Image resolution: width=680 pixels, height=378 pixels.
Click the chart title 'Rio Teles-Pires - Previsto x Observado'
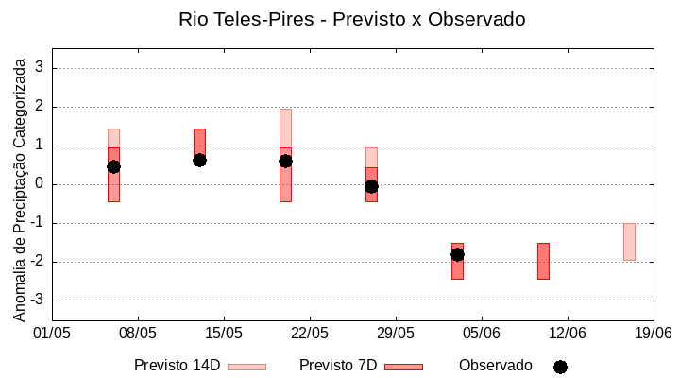point(351,19)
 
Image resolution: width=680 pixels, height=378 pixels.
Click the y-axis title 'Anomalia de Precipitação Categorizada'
point(20,186)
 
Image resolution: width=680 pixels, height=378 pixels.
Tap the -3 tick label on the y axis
point(37,301)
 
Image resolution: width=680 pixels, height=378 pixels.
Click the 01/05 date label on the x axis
point(52,333)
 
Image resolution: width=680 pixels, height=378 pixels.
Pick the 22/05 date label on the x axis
point(310,333)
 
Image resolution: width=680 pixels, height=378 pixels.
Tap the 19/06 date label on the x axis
point(653,333)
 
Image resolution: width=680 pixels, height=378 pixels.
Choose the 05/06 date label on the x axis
point(482,333)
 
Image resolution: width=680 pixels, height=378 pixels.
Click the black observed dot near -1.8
point(457,254)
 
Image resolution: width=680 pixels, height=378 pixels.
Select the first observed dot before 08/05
point(113,166)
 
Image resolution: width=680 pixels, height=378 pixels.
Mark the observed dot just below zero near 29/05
point(371,186)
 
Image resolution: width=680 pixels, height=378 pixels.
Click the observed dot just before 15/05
point(199,160)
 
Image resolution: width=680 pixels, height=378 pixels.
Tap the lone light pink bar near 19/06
point(629,241)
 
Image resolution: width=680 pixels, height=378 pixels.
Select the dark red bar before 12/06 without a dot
point(543,261)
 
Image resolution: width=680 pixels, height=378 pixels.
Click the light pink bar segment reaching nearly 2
point(285,127)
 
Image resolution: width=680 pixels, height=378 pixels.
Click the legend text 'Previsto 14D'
point(177,366)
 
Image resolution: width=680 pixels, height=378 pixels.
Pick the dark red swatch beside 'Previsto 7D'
point(403,367)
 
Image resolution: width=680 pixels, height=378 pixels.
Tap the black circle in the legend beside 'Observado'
point(560,367)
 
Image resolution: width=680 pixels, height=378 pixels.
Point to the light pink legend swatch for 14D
point(246,367)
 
